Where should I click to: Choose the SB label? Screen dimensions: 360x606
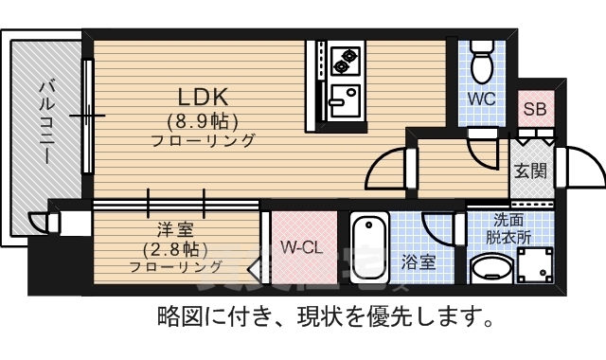535,108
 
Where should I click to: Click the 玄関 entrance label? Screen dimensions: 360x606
529,171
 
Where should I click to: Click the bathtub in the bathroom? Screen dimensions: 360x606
368,249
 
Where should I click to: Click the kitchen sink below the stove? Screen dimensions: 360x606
341,98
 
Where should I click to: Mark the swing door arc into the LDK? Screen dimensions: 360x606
386,171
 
